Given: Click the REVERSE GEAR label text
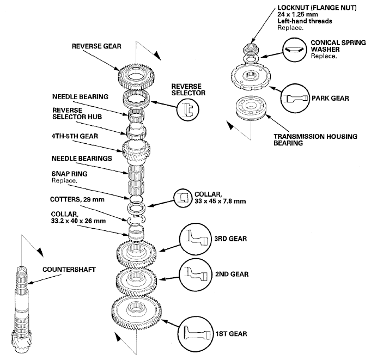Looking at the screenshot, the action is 96,46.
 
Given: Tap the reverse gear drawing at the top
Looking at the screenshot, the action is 136,76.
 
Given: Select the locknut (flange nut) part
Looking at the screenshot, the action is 251,50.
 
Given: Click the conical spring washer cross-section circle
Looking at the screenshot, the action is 294,50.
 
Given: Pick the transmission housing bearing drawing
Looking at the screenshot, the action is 251,108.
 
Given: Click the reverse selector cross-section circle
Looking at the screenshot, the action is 188,109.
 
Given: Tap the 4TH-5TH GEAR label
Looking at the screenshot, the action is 75,136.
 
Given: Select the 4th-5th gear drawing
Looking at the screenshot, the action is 136,151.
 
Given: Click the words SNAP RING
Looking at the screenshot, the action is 69,174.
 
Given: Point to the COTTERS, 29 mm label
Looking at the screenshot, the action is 77,199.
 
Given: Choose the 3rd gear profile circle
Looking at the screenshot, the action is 196,239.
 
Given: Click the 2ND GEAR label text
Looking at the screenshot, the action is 232,274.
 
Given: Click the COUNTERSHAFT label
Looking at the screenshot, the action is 69,270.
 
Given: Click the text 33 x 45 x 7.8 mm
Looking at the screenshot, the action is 220,202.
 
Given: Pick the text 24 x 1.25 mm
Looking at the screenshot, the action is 297,14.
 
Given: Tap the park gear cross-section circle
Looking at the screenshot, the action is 295,99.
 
